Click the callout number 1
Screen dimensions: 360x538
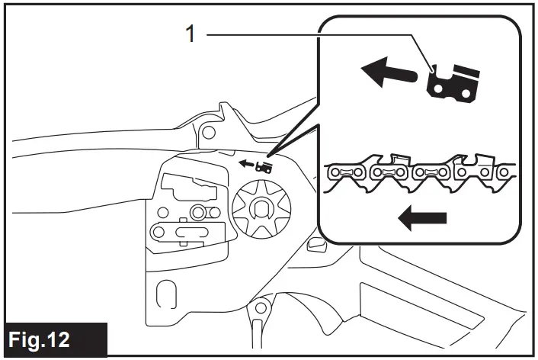click(192, 34)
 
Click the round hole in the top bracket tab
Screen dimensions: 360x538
click(206, 130)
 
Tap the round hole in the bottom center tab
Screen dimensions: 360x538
click(261, 307)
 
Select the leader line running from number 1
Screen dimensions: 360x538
click(305, 34)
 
